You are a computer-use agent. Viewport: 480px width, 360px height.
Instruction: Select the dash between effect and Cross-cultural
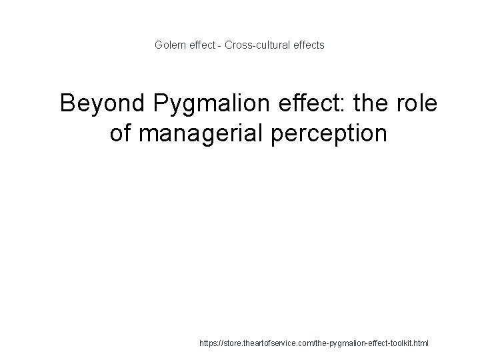(x=220, y=45)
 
